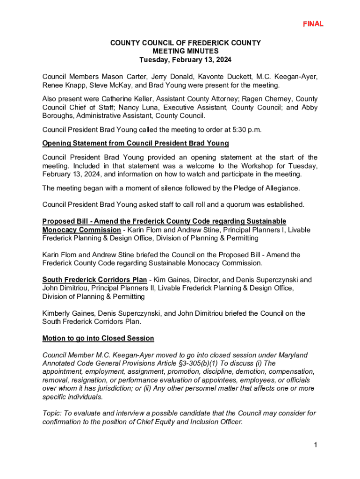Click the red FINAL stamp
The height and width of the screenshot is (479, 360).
pos(313,24)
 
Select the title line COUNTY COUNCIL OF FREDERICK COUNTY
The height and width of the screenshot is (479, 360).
pos(185,43)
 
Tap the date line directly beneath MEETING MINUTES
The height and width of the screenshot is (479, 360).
pos(185,60)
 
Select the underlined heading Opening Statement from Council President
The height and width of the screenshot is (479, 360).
pos(135,143)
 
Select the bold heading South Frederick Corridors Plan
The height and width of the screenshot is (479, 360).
pos(94,280)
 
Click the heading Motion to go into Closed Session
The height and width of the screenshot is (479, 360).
pos(98,338)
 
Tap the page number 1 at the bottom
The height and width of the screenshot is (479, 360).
pos(316,445)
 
